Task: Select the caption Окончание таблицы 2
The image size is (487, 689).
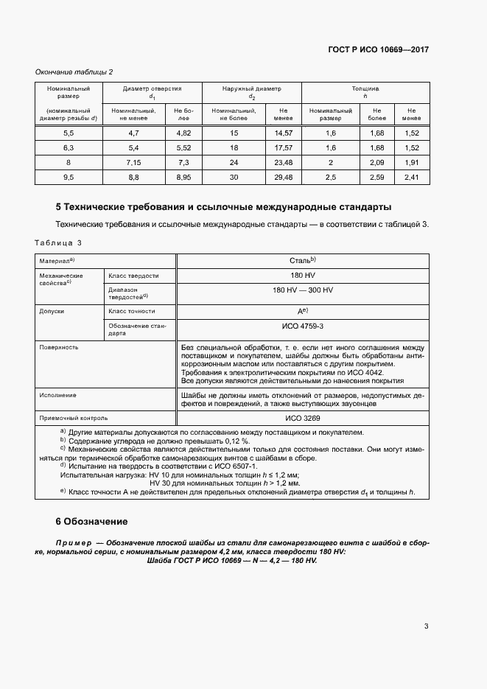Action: (x=74, y=71)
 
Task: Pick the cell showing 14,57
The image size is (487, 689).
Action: (x=283, y=133)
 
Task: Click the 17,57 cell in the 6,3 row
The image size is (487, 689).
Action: (x=283, y=147)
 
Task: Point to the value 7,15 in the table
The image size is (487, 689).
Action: (x=133, y=162)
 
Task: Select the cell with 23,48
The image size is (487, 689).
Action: (x=283, y=162)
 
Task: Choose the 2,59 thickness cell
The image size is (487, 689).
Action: (x=376, y=177)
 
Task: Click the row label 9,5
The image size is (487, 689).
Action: (x=69, y=177)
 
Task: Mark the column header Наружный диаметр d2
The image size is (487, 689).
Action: (x=251, y=92)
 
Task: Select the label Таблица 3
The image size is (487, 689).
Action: (x=58, y=242)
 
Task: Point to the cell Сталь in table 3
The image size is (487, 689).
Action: (x=302, y=261)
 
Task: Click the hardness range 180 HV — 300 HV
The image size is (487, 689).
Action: (x=302, y=290)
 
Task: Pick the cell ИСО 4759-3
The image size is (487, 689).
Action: (x=302, y=325)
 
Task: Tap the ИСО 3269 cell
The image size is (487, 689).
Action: (x=302, y=417)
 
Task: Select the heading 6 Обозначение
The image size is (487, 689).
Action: (x=91, y=521)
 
